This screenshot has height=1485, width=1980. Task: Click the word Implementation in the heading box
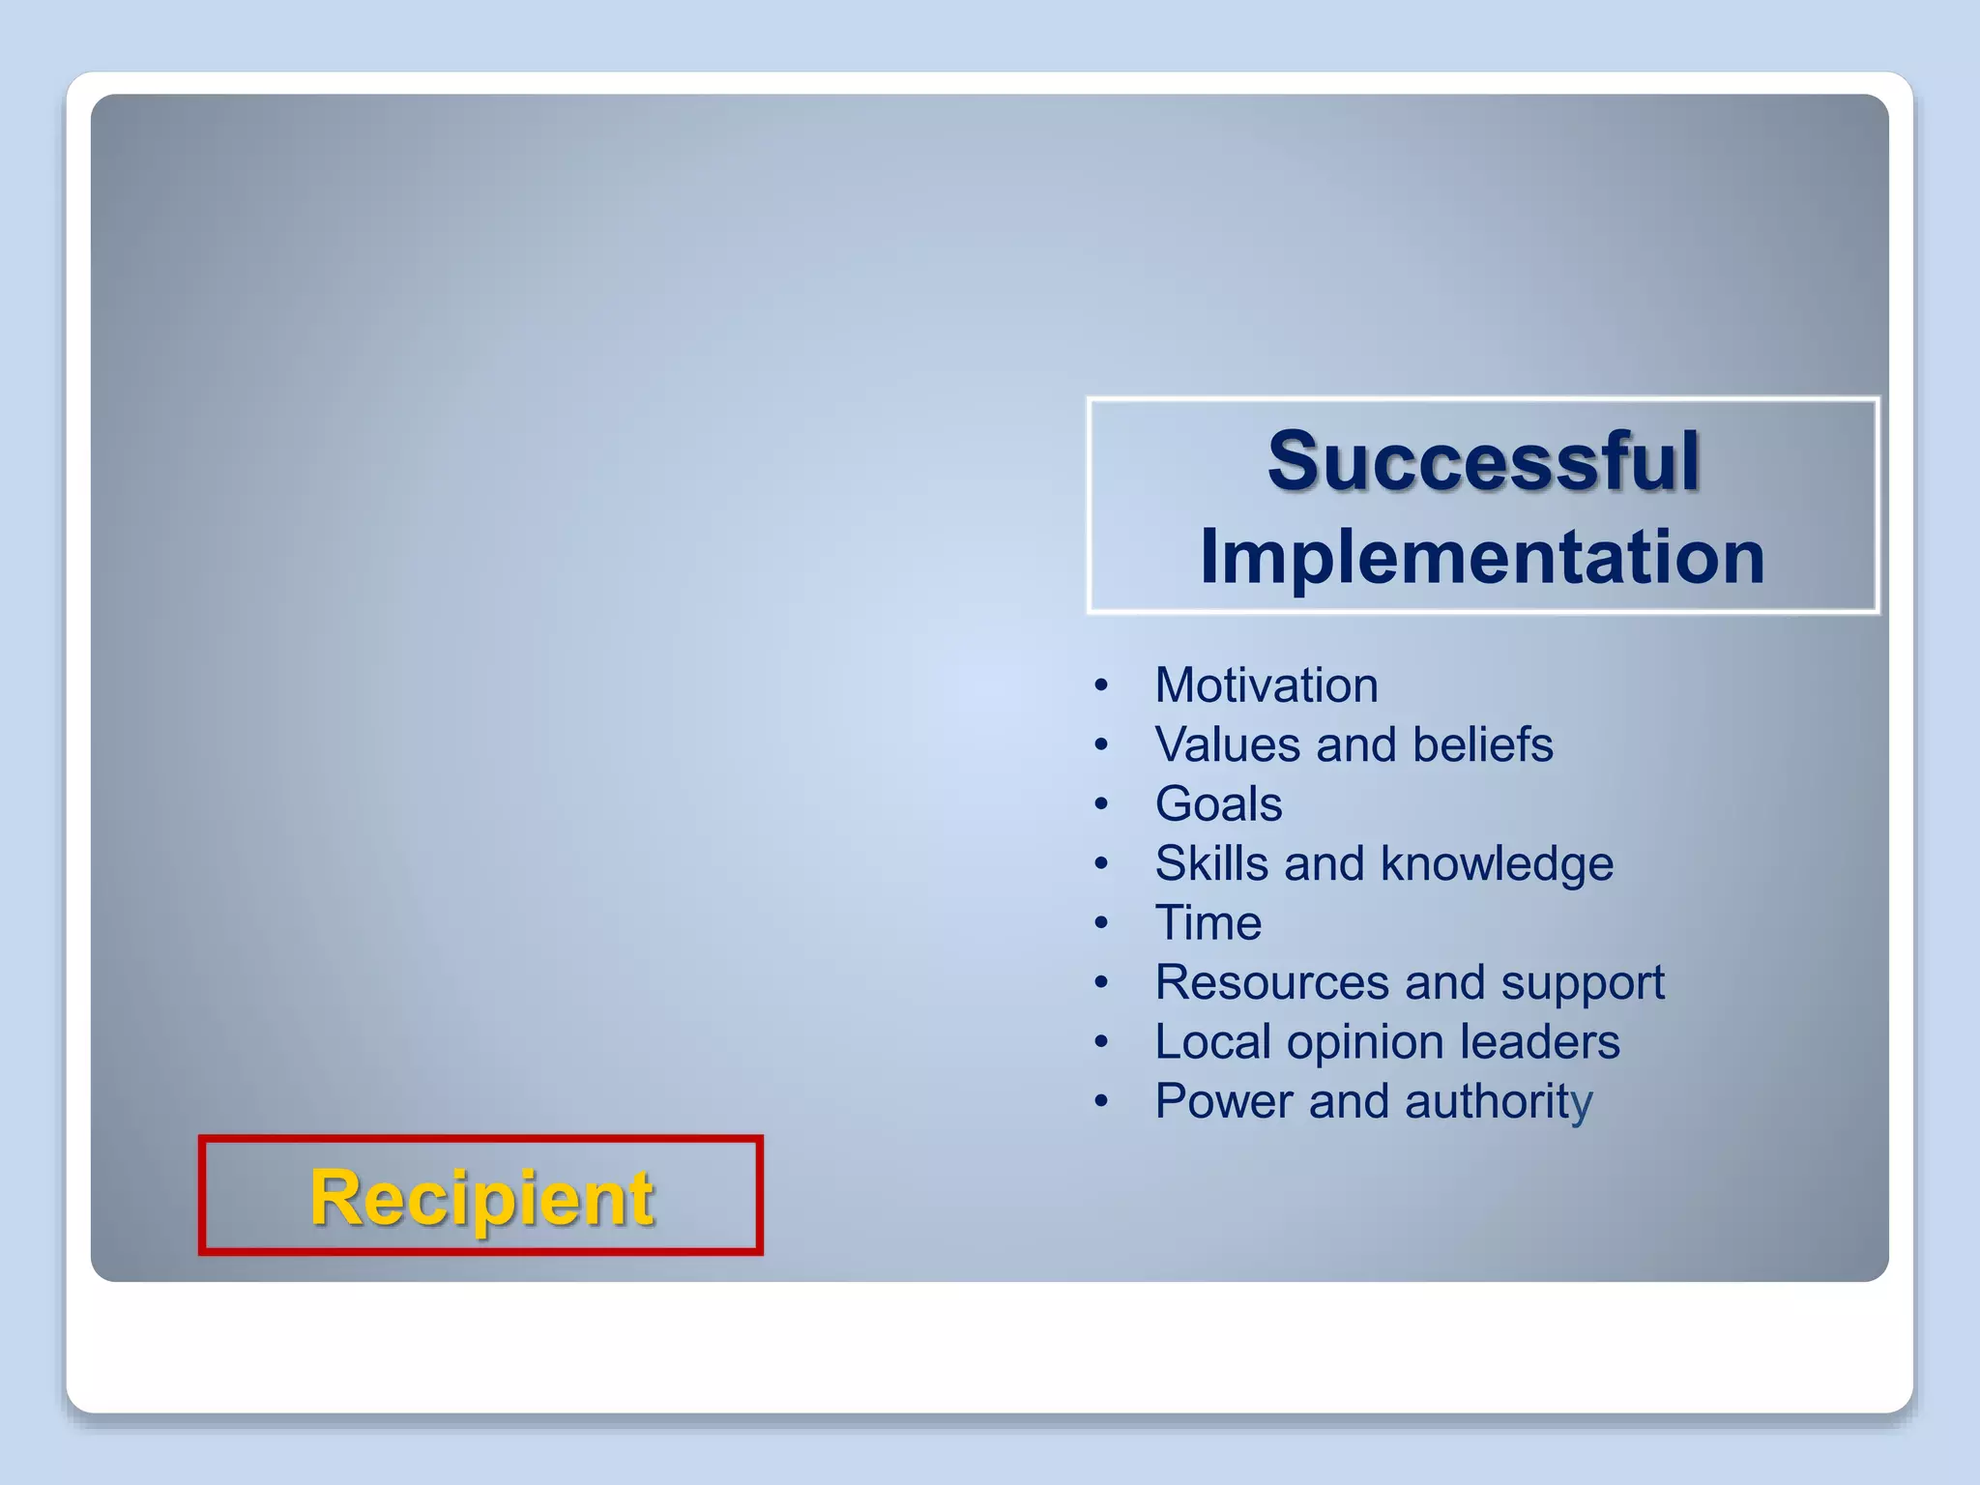pos(1482,558)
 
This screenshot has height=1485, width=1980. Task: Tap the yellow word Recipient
pos(481,1198)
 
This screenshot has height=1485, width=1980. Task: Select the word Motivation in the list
pos(1267,685)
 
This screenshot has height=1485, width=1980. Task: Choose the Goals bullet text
pos(1218,804)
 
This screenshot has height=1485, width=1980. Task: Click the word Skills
pos(1211,863)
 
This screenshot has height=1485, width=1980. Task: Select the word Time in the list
pos(1208,923)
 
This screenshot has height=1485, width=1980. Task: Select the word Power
pos(1224,1101)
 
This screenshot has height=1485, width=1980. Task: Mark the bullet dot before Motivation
pos(1101,686)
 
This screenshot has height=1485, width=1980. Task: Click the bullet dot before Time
pos(1101,924)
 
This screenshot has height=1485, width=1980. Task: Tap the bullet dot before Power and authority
pos(1101,1102)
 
